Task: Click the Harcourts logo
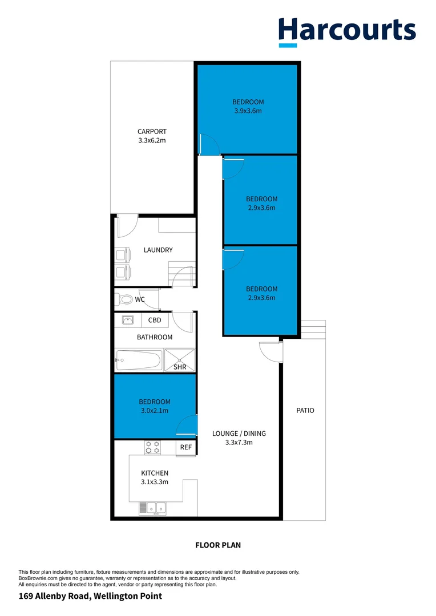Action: tap(347, 31)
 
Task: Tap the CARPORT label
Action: tap(152, 132)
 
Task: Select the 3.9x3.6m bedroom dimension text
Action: tap(248, 111)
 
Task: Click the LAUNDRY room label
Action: tap(158, 250)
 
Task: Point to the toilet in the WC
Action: tap(125, 299)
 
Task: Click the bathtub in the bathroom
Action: tap(138, 360)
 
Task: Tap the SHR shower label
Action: tap(180, 367)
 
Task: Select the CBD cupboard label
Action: tap(155, 321)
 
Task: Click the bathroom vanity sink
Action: tap(128, 321)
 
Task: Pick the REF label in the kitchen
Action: tap(186, 448)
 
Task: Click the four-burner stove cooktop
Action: tap(152, 448)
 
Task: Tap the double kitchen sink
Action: tap(152, 507)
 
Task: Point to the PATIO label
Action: tap(305, 410)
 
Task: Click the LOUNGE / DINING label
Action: tap(239, 433)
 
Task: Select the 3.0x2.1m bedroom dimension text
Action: tap(154, 410)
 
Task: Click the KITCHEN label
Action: tap(155, 473)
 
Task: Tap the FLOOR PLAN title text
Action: tap(218, 545)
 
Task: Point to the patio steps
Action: tap(312, 329)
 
